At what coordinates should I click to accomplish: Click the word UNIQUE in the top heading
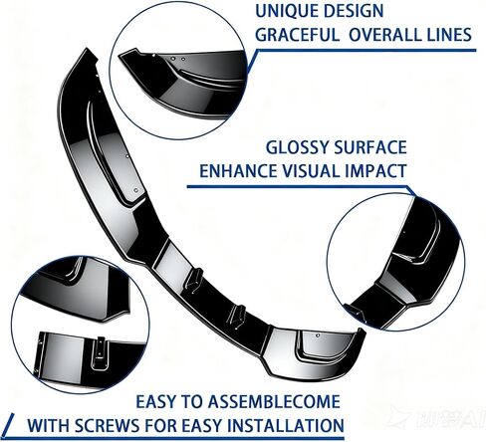point(286,11)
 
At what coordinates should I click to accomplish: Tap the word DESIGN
point(354,11)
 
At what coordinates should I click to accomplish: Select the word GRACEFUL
point(297,35)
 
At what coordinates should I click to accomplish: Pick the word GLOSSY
point(297,147)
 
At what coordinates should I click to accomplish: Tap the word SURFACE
point(370,147)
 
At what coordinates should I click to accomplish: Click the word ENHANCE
point(238,171)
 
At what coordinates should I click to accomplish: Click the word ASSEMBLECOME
point(274,401)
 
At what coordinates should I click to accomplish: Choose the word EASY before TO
point(155,401)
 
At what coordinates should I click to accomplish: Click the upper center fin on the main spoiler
point(194,278)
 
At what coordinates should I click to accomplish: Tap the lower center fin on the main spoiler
point(237,315)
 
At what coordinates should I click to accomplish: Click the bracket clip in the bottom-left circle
point(100,351)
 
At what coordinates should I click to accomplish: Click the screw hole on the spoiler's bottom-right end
point(318,335)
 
